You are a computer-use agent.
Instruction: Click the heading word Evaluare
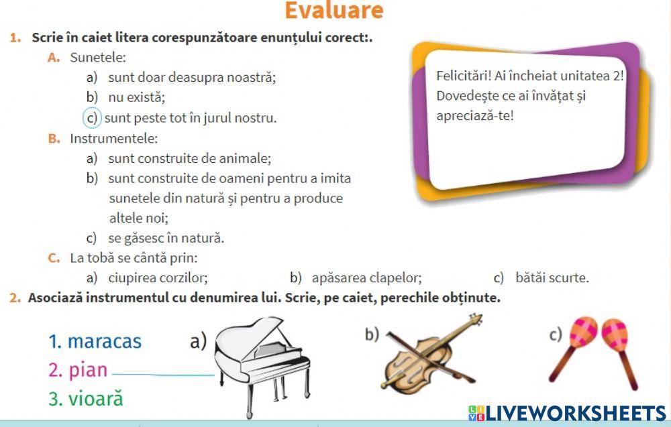334,11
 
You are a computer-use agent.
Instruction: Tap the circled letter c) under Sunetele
92,118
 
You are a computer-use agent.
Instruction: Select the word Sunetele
98,58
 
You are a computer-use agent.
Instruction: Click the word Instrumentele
114,139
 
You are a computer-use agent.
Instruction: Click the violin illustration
433,355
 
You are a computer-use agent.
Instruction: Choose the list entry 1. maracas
95,341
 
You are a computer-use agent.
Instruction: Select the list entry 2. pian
78,370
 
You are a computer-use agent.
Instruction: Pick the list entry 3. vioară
86,399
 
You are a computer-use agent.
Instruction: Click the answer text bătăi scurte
552,278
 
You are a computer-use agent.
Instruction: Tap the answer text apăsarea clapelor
367,278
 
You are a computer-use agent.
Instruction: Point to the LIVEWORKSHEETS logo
567,412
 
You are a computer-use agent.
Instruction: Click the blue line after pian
162,374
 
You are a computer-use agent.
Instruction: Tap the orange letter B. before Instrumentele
54,139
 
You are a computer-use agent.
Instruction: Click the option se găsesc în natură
166,238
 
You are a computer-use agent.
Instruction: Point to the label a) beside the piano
198,341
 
